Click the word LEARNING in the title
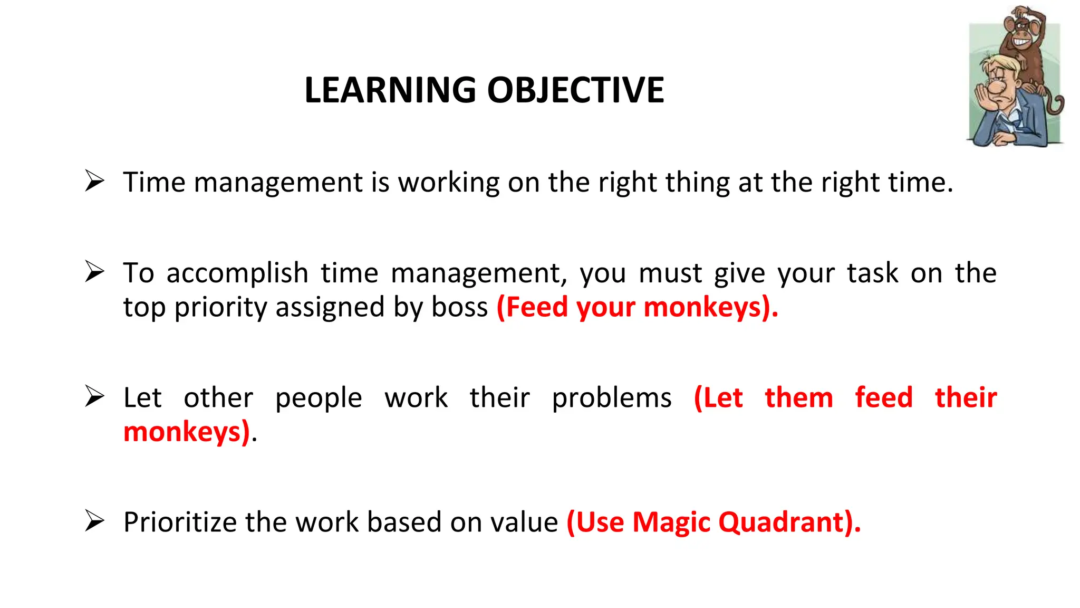point(390,90)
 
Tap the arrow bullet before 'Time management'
point(94,182)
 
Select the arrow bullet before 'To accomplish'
point(94,272)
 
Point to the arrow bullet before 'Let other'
point(94,397)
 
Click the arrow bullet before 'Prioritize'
point(94,521)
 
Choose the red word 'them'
point(799,397)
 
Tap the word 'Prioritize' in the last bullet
point(179,522)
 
